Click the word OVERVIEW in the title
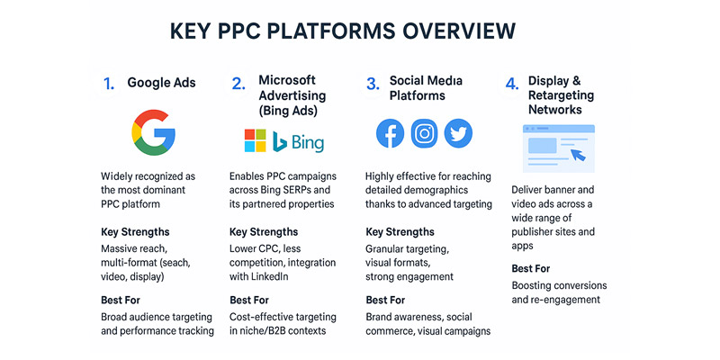(x=459, y=31)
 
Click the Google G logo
(x=153, y=132)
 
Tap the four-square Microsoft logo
(x=256, y=140)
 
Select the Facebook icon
(x=390, y=133)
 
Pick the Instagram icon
(x=424, y=133)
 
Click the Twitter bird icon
(x=458, y=133)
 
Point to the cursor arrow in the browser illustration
(x=578, y=154)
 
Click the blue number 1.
(x=109, y=84)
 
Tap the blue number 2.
(x=238, y=84)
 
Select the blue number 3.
(x=373, y=84)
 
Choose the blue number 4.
(x=512, y=84)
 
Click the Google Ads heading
(x=162, y=83)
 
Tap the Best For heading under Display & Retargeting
(x=531, y=268)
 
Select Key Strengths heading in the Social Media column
(x=400, y=232)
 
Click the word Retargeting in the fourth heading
(x=561, y=95)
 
